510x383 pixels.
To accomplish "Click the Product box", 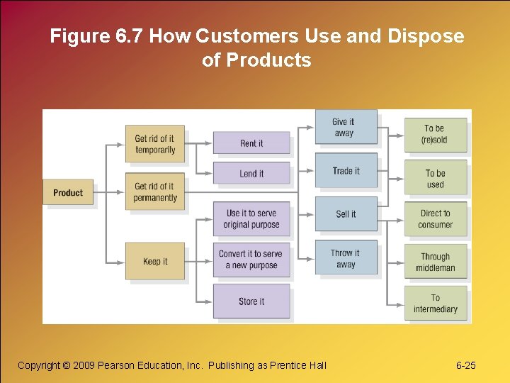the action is pyautogui.click(x=68, y=192).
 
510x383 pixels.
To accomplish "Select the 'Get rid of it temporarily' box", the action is pyautogui.click(x=154, y=144).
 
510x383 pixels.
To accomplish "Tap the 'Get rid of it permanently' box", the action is pyautogui.click(x=154, y=191).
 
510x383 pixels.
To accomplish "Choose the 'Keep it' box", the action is pyautogui.click(x=154, y=261).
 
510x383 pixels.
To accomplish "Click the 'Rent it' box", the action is pyautogui.click(x=251, y=143).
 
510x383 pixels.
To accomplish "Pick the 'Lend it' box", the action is pyautogui.click(x=251, y=174).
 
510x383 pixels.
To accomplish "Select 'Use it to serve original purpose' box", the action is pyautogui.click(x=251, y=218).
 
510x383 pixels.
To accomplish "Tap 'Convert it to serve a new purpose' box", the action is pyautogui.click(x=251, y=260).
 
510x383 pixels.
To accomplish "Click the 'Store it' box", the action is pyautogui.click(x=251, y=301).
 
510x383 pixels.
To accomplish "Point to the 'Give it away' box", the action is pyautogui.click(x=345, y=128).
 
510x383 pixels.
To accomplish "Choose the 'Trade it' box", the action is pyautogui.click(x=346, y=171).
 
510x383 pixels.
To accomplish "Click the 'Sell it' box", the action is pyautogui.click(x=346, y=213).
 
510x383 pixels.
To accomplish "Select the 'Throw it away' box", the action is pyautogui.click(x=346, y=259).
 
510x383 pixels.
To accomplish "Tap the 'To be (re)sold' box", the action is pyautogui.click(x=435, y=134).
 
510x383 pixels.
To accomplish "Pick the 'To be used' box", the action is pyautogui.click(x=435, y=179).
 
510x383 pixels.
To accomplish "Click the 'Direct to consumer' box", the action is pyautogui.click(x=435, y=218).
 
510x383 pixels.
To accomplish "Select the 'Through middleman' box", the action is pyautogui.click(x=435, y=262).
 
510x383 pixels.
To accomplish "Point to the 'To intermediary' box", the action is pyautogui.click(x=435, y=304).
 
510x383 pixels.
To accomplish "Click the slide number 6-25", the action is pyautogui.click(x=465, y=365).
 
